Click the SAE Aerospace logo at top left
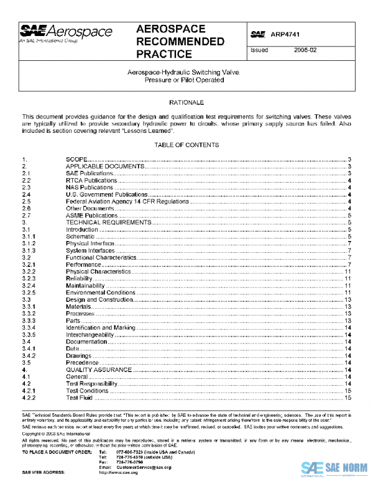click(66, 34)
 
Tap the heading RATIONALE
click(186, 101)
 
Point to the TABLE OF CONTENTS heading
click(186, 145)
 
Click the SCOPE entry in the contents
click(76, 160)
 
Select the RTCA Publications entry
click(91, 180)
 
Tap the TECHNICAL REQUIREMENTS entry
click(108, 222)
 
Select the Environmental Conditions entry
click(101, 293)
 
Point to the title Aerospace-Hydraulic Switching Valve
click(186, 73)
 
